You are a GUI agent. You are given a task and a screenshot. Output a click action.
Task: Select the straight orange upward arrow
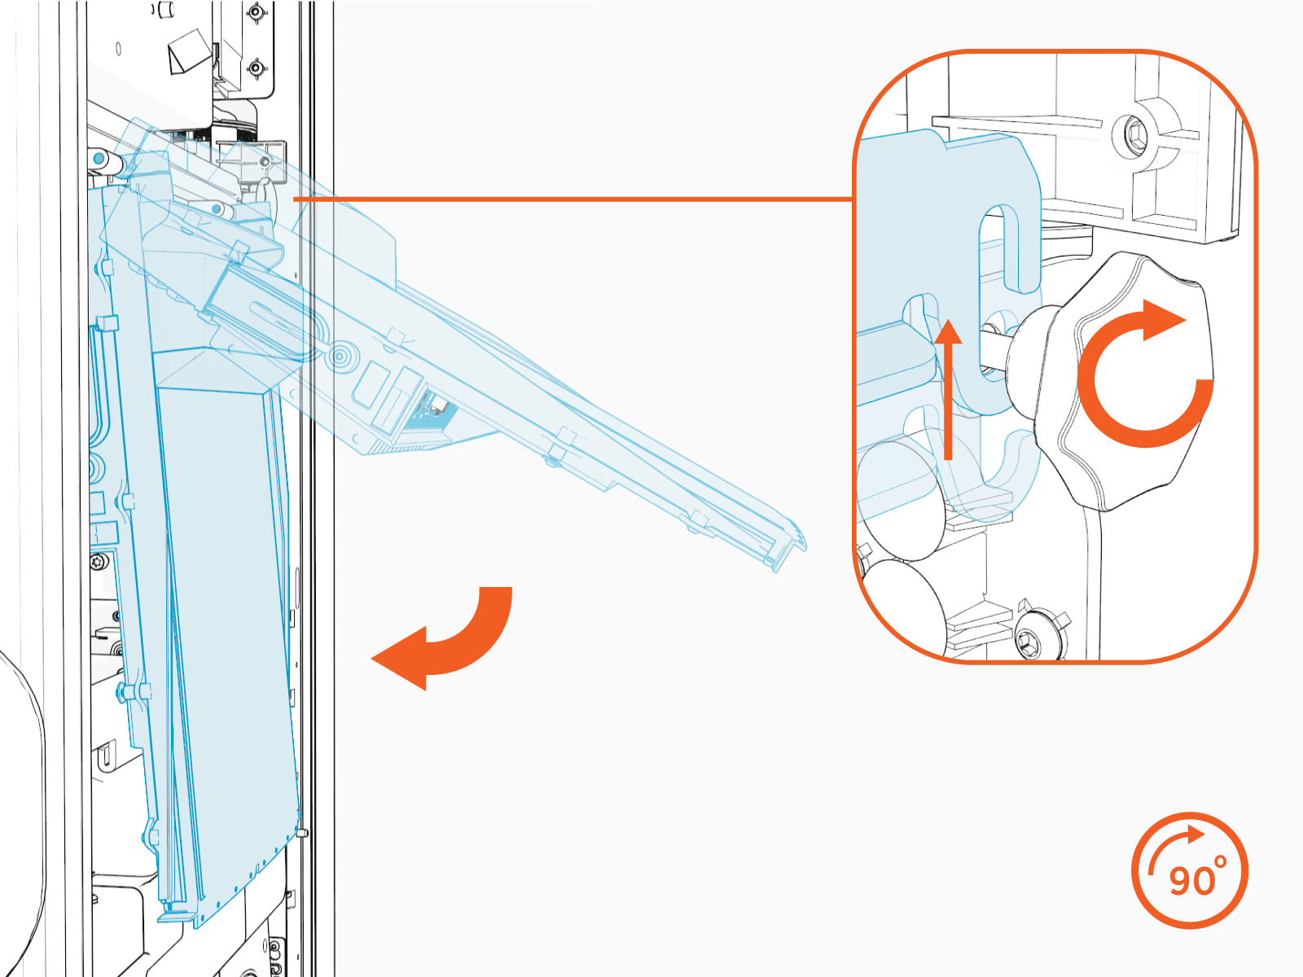point(948,391)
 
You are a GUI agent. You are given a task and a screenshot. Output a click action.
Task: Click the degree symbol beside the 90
point(1220,861)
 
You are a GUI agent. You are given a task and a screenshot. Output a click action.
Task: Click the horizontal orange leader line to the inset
point(570,199)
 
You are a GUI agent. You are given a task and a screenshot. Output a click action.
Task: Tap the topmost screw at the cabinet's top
point(257,13)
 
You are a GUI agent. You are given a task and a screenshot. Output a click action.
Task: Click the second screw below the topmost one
point(257,68)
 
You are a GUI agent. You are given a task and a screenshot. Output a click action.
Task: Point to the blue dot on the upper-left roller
point(99,156)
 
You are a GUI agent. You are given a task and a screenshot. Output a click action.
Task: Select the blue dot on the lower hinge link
point(216,210)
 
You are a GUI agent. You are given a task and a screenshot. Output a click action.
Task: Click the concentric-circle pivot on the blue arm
point(339,356)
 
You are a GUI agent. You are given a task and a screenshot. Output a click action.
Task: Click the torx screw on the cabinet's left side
point(100,561)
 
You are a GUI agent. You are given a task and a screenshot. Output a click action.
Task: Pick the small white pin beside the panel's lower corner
point(303,832)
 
